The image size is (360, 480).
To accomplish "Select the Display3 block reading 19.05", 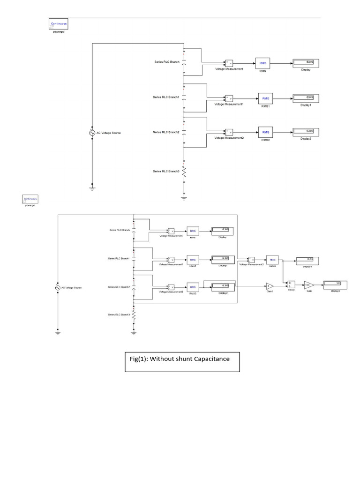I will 307,259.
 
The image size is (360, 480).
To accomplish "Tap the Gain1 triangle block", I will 270,285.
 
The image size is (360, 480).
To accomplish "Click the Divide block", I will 291,285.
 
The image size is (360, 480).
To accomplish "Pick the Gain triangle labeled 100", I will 308,285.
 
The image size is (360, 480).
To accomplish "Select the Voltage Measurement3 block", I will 251,259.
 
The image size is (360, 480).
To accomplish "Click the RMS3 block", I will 272,259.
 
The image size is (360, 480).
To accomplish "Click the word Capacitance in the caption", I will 209,359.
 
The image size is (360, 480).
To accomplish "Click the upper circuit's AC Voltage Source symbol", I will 92,133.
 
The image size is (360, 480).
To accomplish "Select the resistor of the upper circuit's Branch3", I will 184,171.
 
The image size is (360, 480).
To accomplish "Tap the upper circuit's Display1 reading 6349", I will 306,97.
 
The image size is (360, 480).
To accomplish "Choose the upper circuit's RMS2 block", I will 266,132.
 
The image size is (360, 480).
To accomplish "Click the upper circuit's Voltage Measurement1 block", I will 229,98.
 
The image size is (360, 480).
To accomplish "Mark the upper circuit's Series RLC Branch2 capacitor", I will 184,132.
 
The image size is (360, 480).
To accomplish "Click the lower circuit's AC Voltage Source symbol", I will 58,287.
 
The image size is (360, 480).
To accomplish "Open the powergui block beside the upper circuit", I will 59,23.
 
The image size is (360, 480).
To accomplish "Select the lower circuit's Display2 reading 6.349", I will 223,286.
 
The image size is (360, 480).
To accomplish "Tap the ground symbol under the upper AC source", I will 92,188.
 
